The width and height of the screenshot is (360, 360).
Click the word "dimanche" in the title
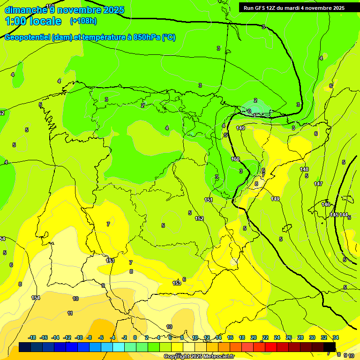pos(25,10)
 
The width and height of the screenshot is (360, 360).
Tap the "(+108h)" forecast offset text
pos(83,21)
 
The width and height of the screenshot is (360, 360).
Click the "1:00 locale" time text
pos(33,21)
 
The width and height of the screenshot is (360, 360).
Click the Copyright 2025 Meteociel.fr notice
pos(199,356)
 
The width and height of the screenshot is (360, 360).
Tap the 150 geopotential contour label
pos(235,159)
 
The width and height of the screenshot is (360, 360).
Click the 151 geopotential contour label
pos(209,200)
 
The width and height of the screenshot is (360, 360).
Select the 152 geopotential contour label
pos(199,218)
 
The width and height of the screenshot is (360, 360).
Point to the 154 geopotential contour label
pos(36,298)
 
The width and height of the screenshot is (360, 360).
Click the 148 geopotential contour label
pos(304,169)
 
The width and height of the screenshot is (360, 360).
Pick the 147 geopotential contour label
pos(318,184)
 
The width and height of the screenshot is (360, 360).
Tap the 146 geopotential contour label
pos(326,204)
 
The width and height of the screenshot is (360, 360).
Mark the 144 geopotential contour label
pos(344,215)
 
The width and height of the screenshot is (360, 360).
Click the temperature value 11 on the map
pos(70,313)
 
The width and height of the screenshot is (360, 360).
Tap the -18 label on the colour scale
pos(32,337)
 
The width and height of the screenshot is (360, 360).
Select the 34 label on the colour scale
pos(336,337)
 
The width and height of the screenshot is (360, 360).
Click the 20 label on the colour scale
pos(254,337)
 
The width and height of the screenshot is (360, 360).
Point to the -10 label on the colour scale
pos(79,337)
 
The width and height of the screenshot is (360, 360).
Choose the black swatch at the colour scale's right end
pos(330,347)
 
